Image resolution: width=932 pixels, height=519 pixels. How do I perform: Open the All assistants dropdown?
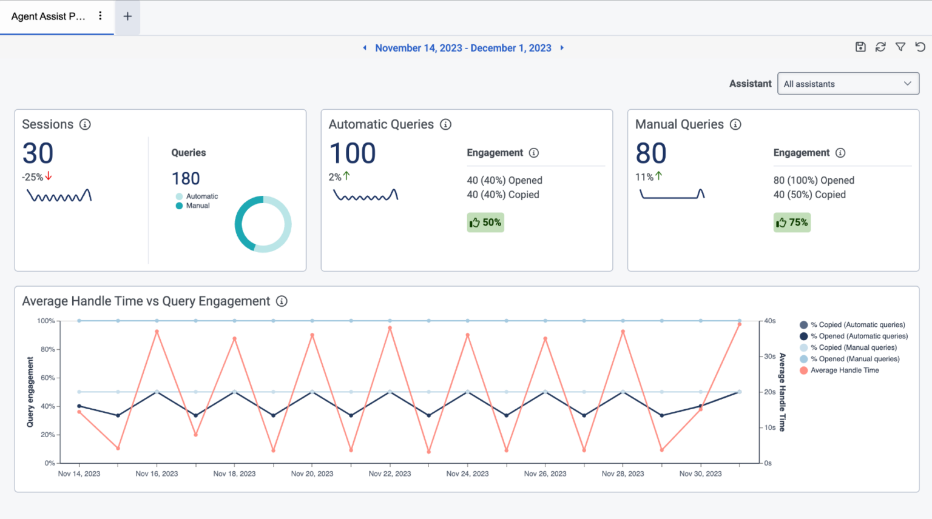click(848, 84)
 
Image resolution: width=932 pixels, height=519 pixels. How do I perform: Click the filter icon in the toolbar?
click(900, 47)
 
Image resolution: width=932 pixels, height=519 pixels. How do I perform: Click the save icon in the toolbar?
click(860, 47)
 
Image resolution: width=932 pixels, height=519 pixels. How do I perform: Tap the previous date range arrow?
click(365, 48)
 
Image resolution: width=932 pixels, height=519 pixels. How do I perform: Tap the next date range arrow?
click(562, 48)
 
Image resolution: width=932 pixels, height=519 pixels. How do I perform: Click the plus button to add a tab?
click(127, 16)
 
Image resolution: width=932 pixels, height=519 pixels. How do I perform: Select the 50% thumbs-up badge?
click(485, 223)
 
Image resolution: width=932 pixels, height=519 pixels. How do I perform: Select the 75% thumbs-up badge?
click(792, 223)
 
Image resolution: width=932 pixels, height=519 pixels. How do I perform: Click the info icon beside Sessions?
click(85, 124)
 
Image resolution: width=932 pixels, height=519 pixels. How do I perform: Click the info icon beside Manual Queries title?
click(735, 124)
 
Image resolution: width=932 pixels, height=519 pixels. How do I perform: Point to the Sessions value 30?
click(38, 153)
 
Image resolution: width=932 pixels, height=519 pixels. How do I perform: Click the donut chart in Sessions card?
click(263, 224)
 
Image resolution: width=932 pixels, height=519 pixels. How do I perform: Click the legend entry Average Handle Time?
click(844, 370)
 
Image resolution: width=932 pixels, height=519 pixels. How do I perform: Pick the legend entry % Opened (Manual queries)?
click(854, 359)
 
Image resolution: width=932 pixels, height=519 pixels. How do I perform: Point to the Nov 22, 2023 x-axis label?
click(390, 474)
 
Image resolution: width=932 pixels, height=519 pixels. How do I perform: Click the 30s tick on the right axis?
click(769, 357)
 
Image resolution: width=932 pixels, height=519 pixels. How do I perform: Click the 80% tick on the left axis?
click(47, 349)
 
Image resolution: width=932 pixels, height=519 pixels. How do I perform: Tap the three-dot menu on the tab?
click(100, 16)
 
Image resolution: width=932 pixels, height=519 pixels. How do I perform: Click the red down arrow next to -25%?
click(49, 176)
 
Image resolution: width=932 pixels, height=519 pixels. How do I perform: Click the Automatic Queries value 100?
click(352, 153)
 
